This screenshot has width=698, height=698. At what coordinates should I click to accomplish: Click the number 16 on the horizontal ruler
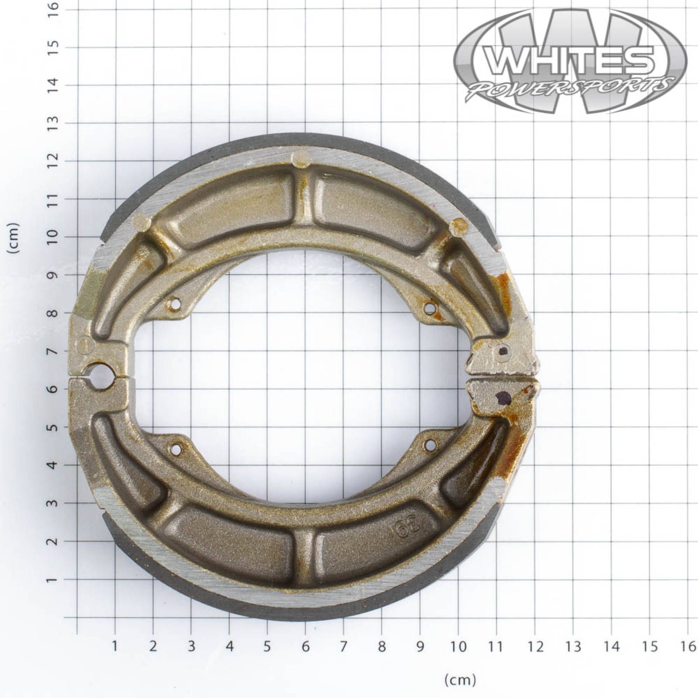(x=688, y=646)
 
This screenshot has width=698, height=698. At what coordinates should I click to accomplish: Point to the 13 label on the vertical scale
(x=52, y=123)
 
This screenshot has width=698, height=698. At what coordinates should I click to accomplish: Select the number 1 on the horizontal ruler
(x=115, y=646)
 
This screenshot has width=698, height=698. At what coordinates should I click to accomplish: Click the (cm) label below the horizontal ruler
(x=460, y=679)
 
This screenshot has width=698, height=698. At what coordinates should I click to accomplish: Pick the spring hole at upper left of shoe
(x=175, y=304)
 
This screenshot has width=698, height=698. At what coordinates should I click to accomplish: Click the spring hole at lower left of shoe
(x=176, y=449)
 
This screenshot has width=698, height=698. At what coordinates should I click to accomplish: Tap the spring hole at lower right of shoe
(x=430, y=445)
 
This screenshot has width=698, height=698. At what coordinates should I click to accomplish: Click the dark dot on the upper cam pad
(x=503, y=350)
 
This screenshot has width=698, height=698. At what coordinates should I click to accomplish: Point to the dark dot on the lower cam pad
(x=503, y=397)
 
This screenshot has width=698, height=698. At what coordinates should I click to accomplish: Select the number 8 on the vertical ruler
(x=52, y=313)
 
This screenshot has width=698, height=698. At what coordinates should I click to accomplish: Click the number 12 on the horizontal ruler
(x=535, y=646)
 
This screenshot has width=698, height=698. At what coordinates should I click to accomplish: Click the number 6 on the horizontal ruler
(x=305, y=646)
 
